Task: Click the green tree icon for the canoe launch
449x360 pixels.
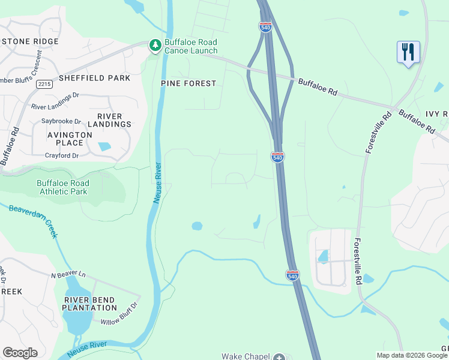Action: pos(155,46)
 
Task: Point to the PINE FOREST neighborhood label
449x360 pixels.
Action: pos(188,83)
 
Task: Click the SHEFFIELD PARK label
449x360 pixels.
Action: pos(95,78)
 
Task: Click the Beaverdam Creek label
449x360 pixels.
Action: pos(34,220)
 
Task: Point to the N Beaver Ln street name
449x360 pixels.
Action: pos(68,275)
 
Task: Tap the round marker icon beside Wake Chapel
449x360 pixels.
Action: pos(279,357)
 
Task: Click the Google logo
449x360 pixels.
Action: pos(20,352)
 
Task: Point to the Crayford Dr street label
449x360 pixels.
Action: pos(62,155)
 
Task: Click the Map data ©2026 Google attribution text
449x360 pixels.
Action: pos(412,355)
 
